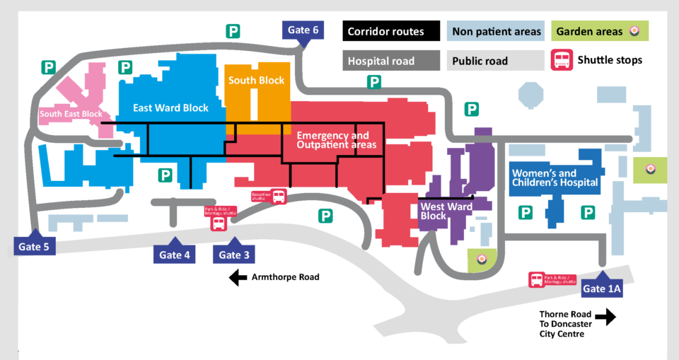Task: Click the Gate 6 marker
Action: (303, 30)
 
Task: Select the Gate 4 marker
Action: (175, 255)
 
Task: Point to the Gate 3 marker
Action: (234, 255)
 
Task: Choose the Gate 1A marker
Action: (603, 288)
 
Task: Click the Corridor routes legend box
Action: (385, 31)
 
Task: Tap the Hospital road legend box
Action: (385, 61)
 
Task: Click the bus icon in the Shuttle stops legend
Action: (562, 60)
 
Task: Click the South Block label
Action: (256, 81)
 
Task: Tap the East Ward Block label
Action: (171, 108)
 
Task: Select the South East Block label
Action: (71, 114)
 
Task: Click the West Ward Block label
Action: (441, 211)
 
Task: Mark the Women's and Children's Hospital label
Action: (555, 178)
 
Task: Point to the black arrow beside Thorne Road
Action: (605, 317)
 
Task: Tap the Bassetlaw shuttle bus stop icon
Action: (279, 197)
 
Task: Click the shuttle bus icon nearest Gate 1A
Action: (538, 281)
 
